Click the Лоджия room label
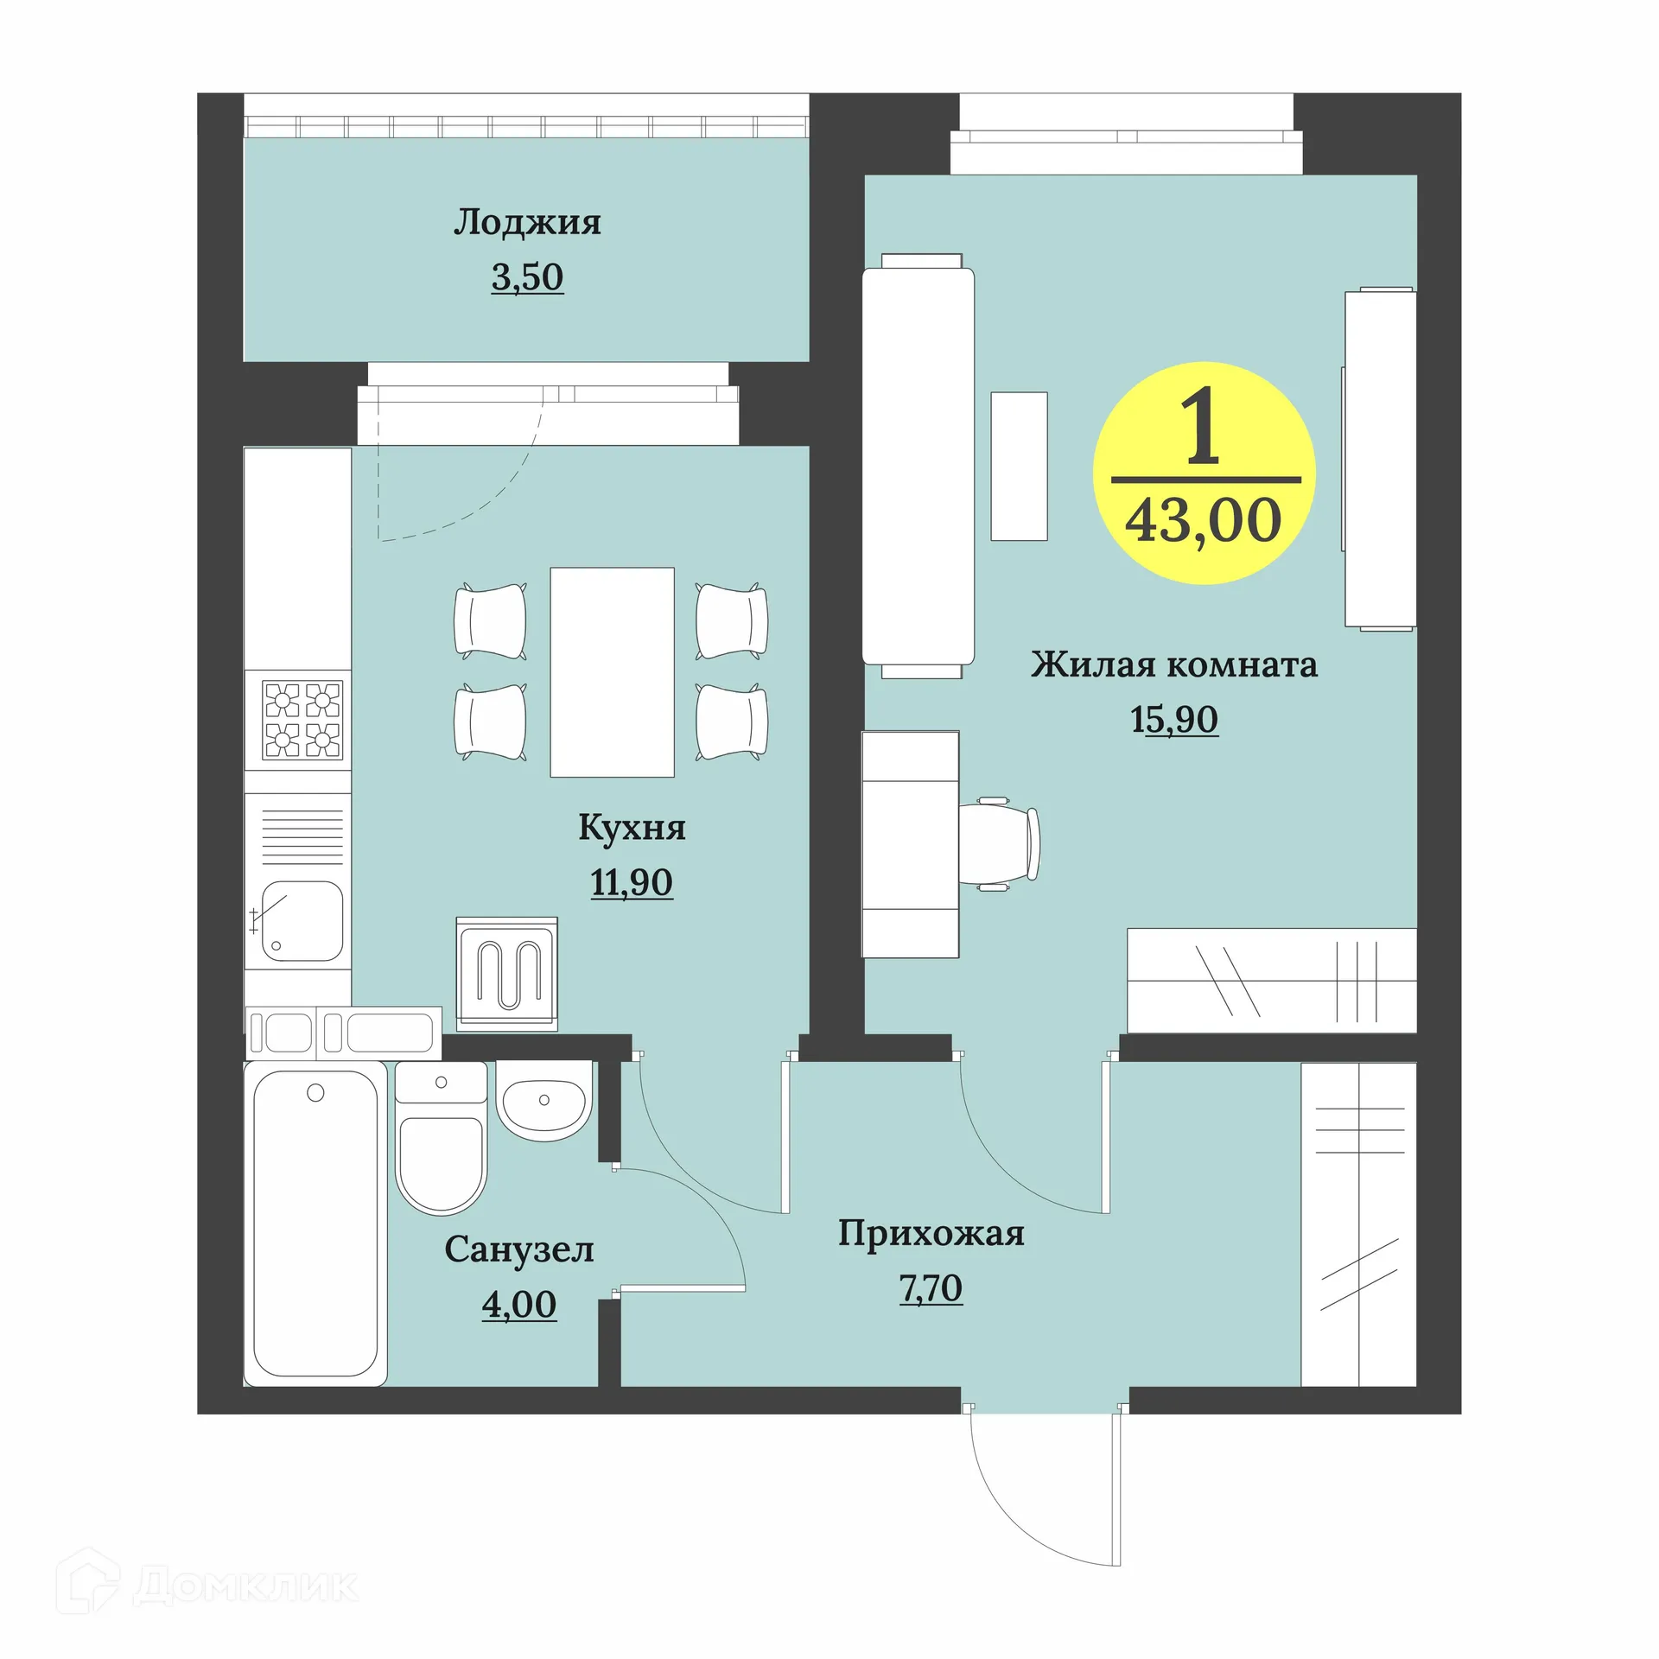527,223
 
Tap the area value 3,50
527,277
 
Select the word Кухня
632,828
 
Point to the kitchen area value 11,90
632,882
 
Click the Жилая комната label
1173,664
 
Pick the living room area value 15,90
1174,719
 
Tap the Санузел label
519,1249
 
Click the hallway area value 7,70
931,1288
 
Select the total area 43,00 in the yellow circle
1203,520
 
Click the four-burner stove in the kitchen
302,721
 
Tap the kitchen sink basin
302,921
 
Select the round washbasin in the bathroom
544,1102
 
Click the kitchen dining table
612,671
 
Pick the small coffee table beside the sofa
1019,467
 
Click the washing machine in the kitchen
507,974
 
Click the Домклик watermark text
245,1584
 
